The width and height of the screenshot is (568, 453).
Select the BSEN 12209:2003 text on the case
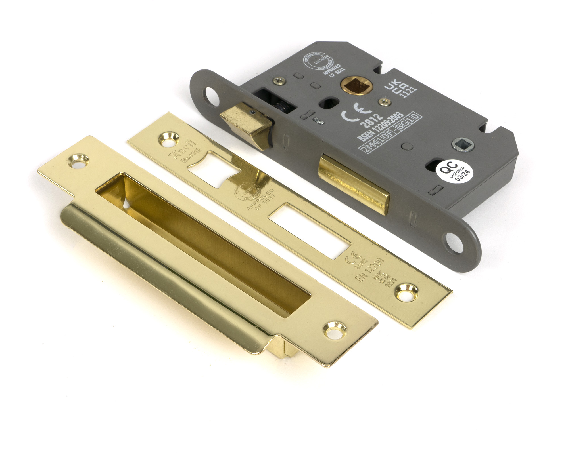click(381, 127)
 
